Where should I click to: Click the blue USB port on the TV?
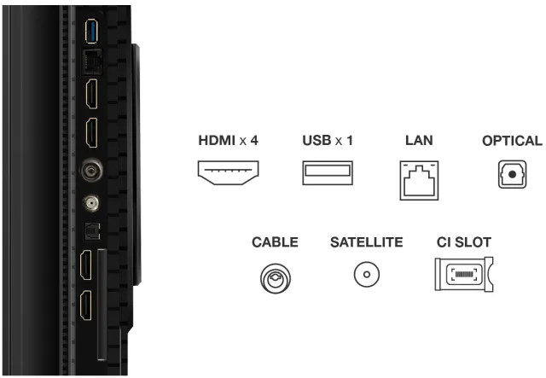pyautogui.click(x=91, y=32)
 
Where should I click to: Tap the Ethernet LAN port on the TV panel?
pyautogui.click(x=91, y=62)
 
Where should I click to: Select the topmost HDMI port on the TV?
pyautogui.click(x=92, y=94)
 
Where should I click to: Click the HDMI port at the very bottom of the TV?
pyautogui.click(x=86, y=305)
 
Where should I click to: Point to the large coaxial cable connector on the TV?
pyautogui.click(x=92, y=170)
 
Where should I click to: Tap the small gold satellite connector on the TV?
pyautogui.click(x=91, y=203)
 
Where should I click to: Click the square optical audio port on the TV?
pyautogui.click(x=92, y=230)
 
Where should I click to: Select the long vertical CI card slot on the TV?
pyautogui.click(x=102, y=305)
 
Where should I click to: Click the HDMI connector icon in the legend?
pyautogui.click(x=228, y=172)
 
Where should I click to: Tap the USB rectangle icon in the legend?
pyautogui.click(x=328, y=172)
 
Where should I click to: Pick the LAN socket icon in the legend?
pyautogui.click(x=419, y=180)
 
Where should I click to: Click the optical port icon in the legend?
pyautogui.click(x=512, y=174)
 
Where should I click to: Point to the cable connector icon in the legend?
pyautogui.click(x=275, y=278)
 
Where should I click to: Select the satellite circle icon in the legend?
pyautogui.click(x=367, y=274)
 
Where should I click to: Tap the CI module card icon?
pyautogui.click(x=464, y=274)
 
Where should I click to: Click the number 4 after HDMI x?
pyautogui.click(x=254, y=141)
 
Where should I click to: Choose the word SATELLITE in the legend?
pyautogui.click(x=366, y=242)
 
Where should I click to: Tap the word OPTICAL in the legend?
pyautogui.click(x=512, y=141)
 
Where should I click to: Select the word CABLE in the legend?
pyautogui.click(x=275, y=242)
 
